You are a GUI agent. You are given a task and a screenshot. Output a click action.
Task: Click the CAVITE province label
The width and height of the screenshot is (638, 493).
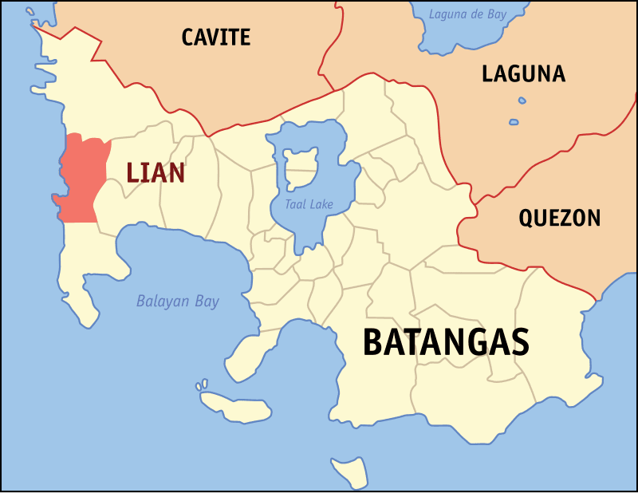pos(215,37)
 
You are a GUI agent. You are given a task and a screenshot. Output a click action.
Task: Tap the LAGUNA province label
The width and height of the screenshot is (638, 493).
pos(523,74)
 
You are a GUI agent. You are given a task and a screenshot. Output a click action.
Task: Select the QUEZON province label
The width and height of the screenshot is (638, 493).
pos(559,218)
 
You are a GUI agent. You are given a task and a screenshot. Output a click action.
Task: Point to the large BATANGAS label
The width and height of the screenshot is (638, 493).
pos(446,342)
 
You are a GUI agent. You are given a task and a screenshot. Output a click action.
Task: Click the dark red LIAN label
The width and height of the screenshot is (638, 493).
pos(156,172)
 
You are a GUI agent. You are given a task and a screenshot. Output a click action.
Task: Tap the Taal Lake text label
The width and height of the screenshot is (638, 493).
pos(309,204)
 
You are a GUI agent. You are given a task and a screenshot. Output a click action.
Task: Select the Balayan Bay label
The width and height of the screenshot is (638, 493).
pos(177,302)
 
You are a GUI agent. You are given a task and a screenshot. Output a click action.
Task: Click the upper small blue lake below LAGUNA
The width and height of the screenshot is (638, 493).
pos(522,101)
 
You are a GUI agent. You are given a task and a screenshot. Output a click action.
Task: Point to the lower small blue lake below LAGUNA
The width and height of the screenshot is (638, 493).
pos(514,122)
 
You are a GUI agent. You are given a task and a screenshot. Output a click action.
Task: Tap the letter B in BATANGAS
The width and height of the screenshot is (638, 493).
pos(373,342)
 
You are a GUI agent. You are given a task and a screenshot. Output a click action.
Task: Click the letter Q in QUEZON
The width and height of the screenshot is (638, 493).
pos(527,219)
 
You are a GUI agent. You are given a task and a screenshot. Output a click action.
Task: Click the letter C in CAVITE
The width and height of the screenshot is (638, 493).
pos(189,37)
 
